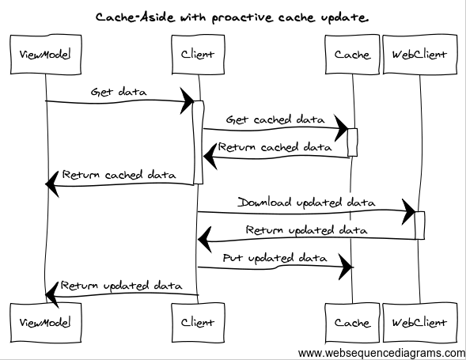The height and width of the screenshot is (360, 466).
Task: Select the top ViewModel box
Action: click(x=45, y=55)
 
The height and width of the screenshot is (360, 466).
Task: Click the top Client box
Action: click(x=197, y=55)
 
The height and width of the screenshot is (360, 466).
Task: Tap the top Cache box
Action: click(x=352, y=55)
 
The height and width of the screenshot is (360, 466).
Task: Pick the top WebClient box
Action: click(x=419, y=55)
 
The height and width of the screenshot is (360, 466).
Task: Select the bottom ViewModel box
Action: click(x=45, y=322)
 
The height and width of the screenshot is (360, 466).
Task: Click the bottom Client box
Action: click(x=197, y=322)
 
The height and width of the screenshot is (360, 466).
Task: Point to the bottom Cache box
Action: click(x=352, y=322)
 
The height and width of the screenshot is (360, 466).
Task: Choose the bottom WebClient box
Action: click(x=419, y=322)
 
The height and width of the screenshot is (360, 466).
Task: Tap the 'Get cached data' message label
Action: click(x=275, y=119)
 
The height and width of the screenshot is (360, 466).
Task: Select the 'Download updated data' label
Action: click(x=306, y=203)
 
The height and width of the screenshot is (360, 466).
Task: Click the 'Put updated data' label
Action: click(x=275, y=258)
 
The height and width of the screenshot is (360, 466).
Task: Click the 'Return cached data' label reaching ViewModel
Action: click(x=119, y=175)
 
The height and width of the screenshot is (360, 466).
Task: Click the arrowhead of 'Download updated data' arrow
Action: click(x=409, y=211)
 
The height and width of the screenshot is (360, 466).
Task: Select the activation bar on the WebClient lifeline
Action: click(x=420, y=225)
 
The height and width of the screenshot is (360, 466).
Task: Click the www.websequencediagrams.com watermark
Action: click(x=381, y=352)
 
